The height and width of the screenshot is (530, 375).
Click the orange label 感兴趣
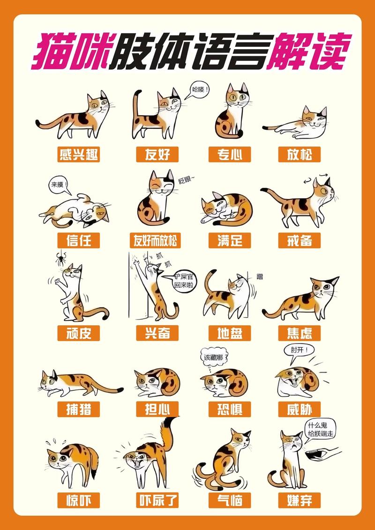coord(79,154)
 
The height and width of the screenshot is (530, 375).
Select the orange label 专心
coord(230,154)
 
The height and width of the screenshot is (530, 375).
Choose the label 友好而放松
coord(155,240)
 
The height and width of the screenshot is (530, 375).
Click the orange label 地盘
coord(230,333)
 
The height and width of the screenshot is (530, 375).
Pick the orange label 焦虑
coord(299,333)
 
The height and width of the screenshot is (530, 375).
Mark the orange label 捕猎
coord(79,409)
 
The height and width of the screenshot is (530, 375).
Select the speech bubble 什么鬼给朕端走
coord(321,429)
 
